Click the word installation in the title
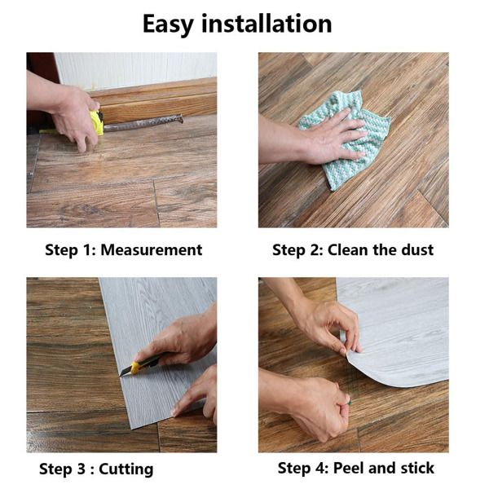coord(267,24)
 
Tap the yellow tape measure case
coord(97,123)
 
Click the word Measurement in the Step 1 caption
coord(152,250)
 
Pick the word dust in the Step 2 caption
coord(417,250)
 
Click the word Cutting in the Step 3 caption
coord(126,469)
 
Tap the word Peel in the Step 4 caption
coord(348,468)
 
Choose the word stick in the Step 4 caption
coord(417,468)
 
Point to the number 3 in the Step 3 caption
coord(81,469)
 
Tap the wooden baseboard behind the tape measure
coord(156,99)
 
